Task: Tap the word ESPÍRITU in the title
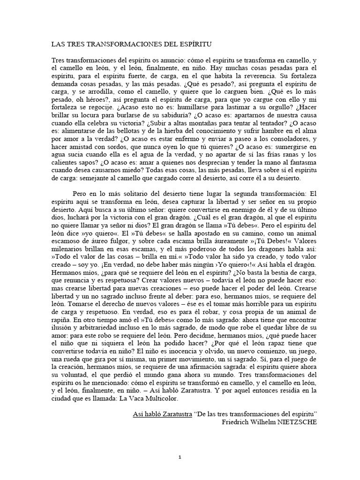[x=195, y=45]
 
